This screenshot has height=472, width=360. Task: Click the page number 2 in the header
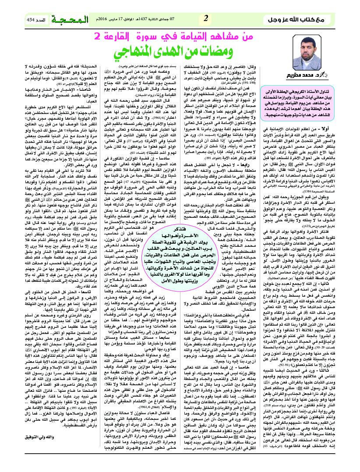206,19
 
